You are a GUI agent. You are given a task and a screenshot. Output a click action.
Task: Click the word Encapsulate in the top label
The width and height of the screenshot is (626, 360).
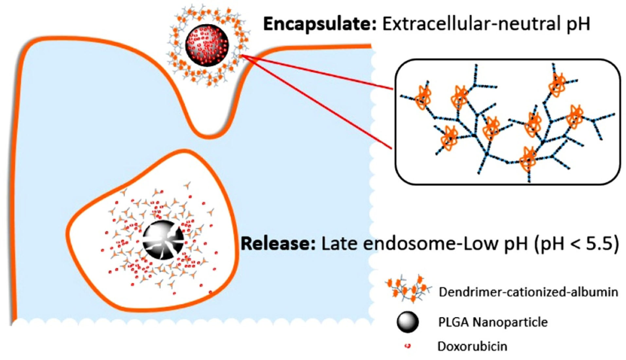click(x=320, y=24)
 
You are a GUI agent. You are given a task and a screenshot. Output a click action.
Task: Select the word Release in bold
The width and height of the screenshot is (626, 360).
click(x=278, y=244)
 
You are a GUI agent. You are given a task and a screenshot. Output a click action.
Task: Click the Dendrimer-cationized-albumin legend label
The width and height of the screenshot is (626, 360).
click(x=528, y=292)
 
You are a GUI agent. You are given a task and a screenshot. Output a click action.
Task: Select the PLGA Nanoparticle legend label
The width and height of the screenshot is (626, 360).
click(x=492, y=322)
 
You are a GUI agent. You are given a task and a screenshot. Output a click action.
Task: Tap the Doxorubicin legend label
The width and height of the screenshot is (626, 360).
click(x=472, y=346)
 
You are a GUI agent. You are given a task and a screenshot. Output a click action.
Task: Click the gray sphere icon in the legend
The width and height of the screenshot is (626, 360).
click(x=407, y=322)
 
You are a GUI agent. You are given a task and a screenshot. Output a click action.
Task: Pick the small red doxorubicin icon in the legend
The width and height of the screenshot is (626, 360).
click(x=407, y=346)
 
